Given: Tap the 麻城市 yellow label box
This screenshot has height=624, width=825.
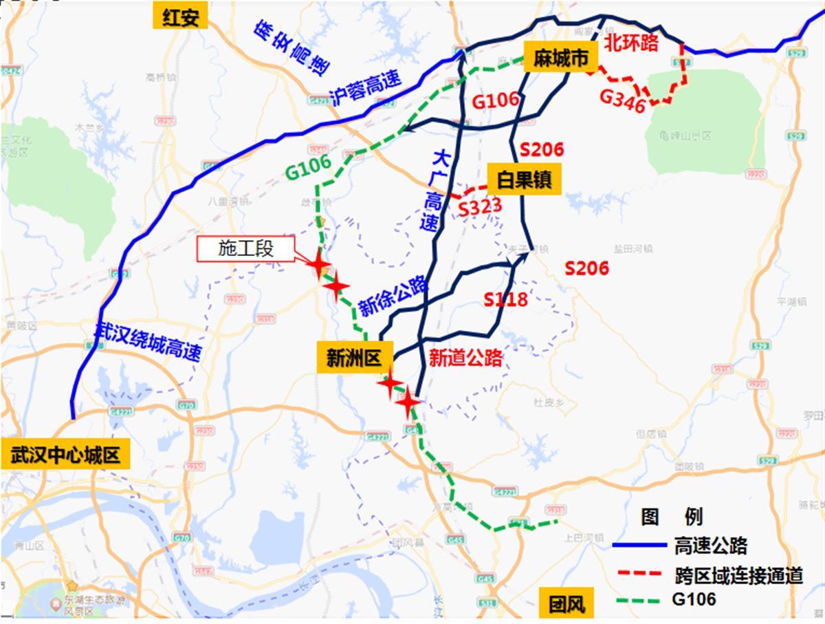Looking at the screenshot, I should (x=560, y=59).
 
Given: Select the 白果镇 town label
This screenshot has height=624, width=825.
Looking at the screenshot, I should (x=524, y=180).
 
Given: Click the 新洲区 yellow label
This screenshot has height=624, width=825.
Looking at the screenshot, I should (x=355, y=358).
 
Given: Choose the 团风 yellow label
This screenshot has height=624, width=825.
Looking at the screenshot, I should (x=566, y=605).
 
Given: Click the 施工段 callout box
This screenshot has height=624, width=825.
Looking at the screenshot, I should (x=245, y=249).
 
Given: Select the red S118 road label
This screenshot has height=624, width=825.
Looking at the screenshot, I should (x=505, y=299).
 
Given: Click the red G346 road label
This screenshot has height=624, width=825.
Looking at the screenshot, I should (x=622, y=100).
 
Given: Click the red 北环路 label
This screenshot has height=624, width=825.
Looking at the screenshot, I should (x=631, y=43).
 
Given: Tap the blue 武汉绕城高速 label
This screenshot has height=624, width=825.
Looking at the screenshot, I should (x=148, y=342).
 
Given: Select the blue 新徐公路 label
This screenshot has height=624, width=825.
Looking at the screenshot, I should (x=393, y=297).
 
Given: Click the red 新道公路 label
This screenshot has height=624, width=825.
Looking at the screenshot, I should (x=465, y=357).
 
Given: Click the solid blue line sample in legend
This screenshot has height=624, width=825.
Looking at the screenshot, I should (x=639, y=546).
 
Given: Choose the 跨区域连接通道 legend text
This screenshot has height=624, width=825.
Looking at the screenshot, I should (x=739, y=574).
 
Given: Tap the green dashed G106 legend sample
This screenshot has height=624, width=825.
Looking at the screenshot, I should (x=639, y=600).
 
